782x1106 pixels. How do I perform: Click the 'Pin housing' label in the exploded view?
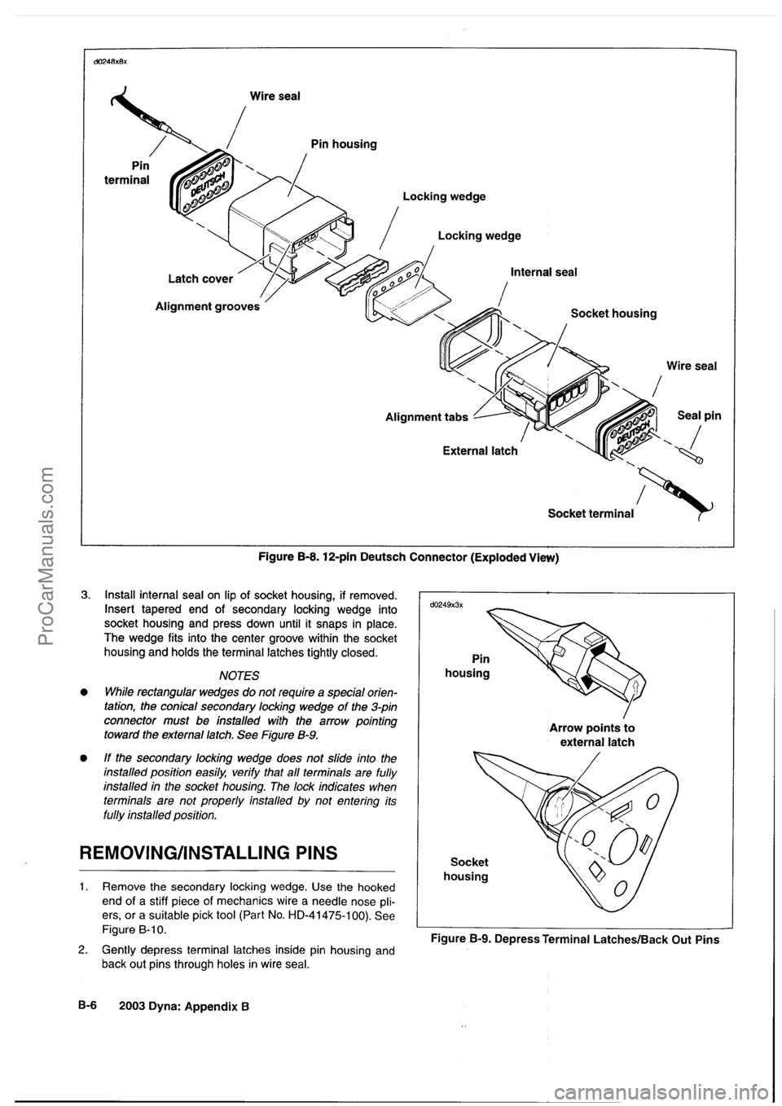click(344, 144)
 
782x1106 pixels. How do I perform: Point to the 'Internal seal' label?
click(543, 272)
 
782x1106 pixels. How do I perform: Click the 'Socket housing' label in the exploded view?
click(613, 313)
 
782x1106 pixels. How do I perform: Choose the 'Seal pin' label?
click(699, 414)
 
